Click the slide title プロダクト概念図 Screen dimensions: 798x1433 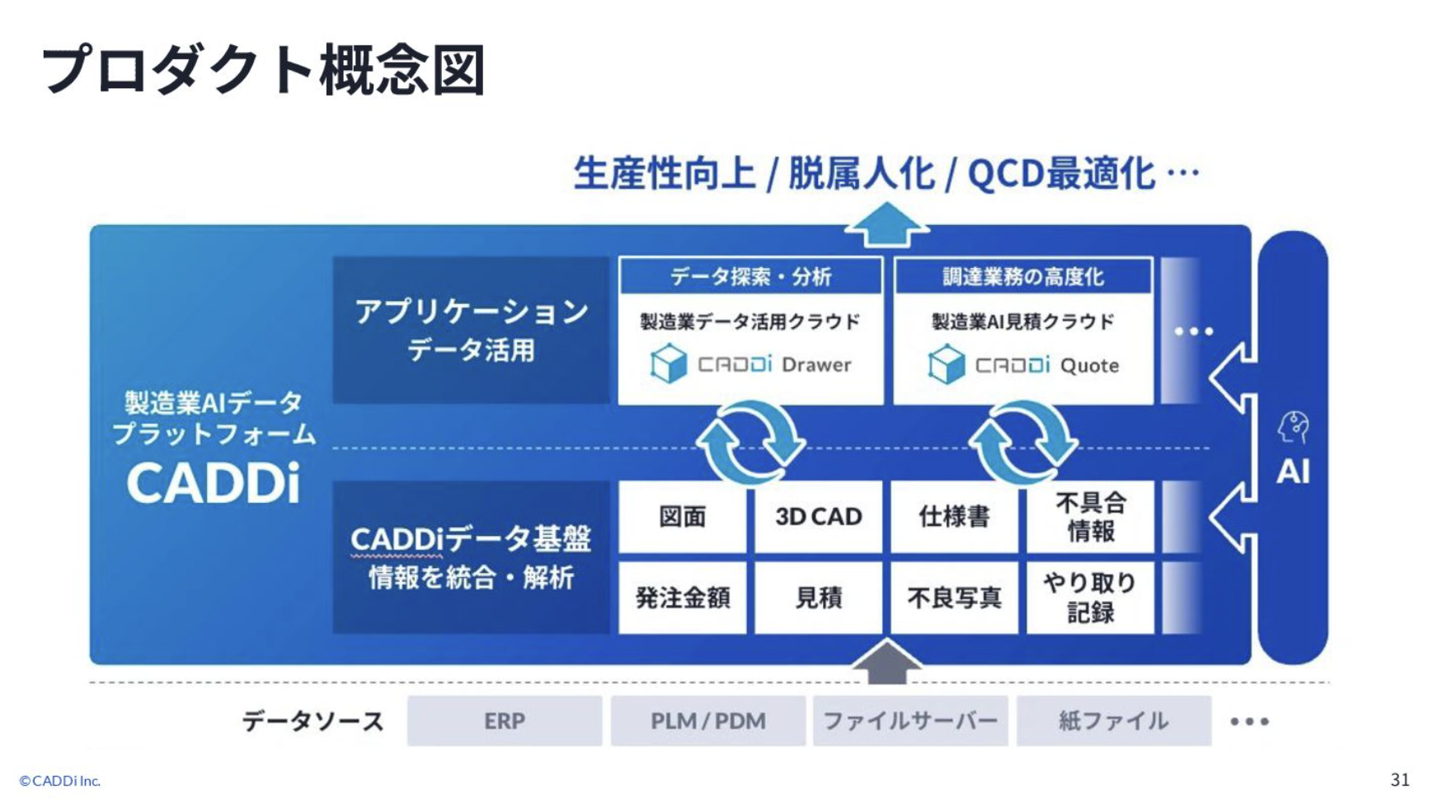coord(263,69)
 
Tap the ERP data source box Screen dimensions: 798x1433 coord(504,721)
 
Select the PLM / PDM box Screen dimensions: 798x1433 coord(707,721)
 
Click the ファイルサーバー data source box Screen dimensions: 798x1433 coord(910,721)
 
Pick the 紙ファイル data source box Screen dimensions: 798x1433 coord(1113,721)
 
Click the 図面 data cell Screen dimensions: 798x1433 coord(682,517)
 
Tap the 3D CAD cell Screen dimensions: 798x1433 coord(818,517)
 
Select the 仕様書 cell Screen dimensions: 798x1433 coord(954,517)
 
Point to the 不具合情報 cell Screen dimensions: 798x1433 coord(1090,517)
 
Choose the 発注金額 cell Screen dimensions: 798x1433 coord(682,598)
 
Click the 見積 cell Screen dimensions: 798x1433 coord(818,598)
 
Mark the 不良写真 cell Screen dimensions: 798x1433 coord(954,598)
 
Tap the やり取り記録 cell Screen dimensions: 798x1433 coord(1090,598)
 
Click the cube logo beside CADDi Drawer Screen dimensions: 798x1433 coord(668,364)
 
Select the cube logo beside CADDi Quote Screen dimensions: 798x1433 coord(946,364)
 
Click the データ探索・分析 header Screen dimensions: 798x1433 coord(750,276)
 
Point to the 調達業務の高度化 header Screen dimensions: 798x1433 coord(1022,276)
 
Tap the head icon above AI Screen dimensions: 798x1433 coord(1293,428)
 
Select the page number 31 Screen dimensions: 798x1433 coord(1399,780)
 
